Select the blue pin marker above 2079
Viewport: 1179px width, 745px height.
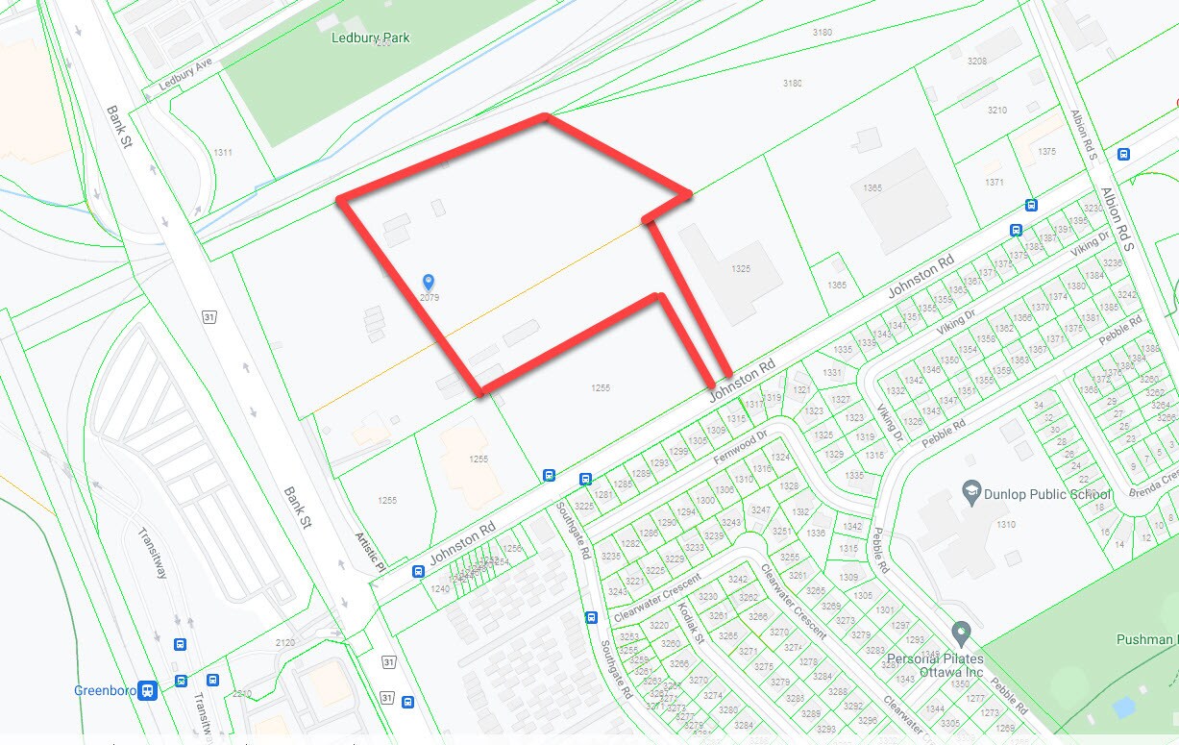429,282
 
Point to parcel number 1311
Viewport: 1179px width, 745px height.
223,153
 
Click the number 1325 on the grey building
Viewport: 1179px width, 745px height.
740,269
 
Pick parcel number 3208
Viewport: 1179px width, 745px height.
976,61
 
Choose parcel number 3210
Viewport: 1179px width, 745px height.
996,111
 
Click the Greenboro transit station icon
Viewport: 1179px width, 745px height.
147,690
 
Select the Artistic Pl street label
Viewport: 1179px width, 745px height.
368,552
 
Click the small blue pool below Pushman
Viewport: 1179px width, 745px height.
1121,707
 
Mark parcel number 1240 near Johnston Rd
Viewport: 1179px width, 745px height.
439,588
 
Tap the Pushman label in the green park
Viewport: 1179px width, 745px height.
1146,639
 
